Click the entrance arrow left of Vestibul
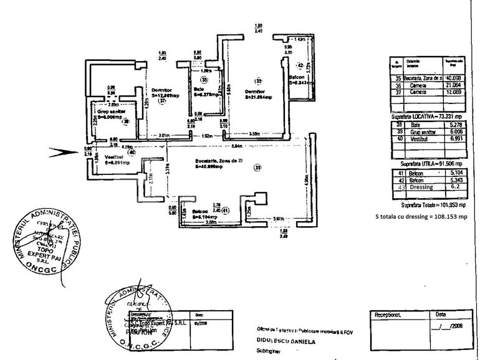tap(64, 150)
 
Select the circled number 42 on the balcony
tap(299, 65)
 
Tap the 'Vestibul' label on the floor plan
tap(112, 156)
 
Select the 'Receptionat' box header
tap(388, 316)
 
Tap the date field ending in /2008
tap(448, 326)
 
